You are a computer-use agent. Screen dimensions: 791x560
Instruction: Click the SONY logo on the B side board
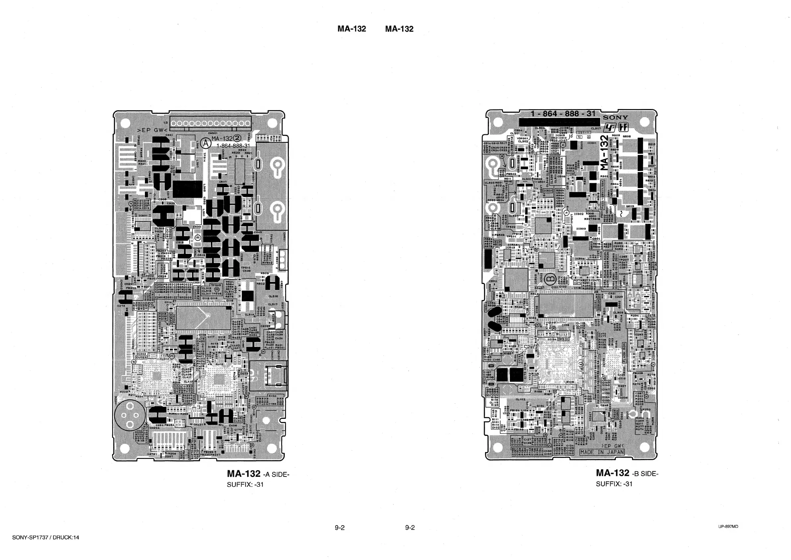click(x=615, y=118)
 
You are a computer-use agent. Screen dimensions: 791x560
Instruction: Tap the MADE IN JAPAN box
click(x=602, y=452)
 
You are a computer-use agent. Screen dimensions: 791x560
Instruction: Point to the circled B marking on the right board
click(x=552, y=278)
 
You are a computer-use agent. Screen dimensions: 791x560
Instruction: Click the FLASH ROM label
click(x=624, y=353)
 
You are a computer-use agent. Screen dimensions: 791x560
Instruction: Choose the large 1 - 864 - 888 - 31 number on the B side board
click(x=563, y=114)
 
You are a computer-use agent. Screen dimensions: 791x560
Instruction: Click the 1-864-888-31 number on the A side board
click(x=233, y=145)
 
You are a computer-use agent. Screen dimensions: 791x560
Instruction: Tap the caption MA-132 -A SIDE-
click(x=258, y=474)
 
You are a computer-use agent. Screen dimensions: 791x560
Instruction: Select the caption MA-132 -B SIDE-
click(x=627, y=473)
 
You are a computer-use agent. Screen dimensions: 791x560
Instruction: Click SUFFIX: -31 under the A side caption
click(x=245, y=484)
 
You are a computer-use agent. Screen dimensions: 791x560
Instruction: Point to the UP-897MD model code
click(x=728, y=527)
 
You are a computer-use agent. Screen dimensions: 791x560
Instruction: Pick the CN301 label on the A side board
click(x=213, y=133)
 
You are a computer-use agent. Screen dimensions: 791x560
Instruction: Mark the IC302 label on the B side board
click(x=579, y=214)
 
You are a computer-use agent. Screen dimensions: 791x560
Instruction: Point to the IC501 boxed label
click(x=548, y=190)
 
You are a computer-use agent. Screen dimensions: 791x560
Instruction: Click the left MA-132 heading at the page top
click(x=351, y=29)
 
